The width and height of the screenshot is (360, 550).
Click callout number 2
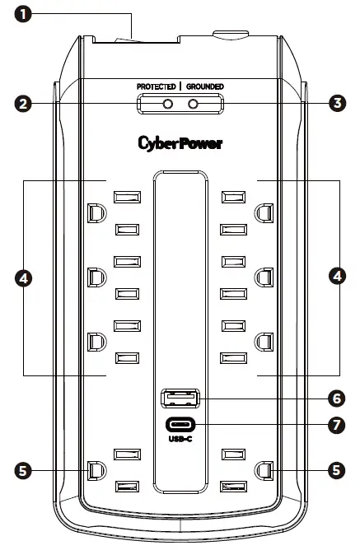pos(25,104)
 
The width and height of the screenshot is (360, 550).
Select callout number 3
pos(335,104)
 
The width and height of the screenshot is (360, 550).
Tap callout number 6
pos(335,399)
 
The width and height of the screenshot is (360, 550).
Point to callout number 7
pos(335,426)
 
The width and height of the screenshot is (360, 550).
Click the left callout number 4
pos(25,278)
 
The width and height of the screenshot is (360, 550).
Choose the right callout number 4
pos(335,278)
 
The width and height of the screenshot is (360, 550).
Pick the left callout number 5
pos(25,470)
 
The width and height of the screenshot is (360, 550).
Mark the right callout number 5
pos(335,470)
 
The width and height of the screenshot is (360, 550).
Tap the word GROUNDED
pos(204,86)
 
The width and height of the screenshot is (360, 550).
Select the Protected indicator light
pos(167,104)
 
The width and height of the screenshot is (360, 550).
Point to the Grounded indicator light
pos(194,104)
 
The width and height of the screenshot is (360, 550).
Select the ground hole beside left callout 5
pos(95,470)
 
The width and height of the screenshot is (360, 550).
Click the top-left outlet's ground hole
pos(95,212)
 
